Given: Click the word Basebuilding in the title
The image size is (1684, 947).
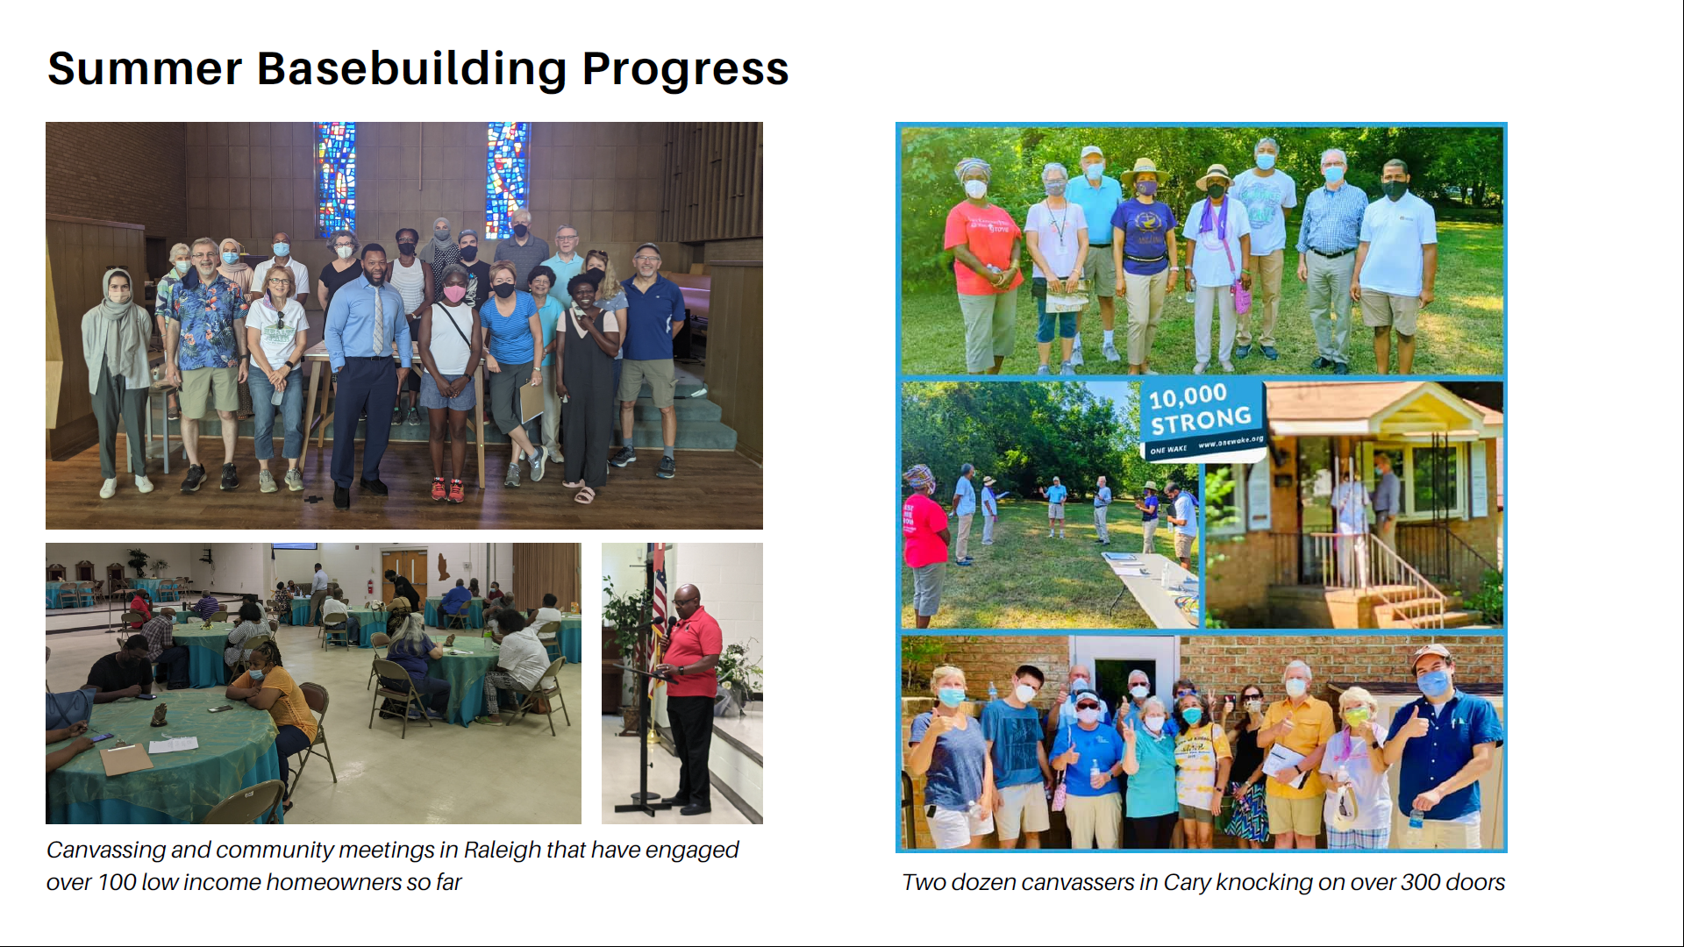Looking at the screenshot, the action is pos(411,69).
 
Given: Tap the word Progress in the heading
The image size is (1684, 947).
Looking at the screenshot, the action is pos(685,70).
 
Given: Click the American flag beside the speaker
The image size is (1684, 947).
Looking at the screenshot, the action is pos(658,614).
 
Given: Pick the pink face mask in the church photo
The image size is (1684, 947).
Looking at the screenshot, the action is pos(453,294).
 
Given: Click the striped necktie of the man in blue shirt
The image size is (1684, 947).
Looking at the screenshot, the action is pos(378,320).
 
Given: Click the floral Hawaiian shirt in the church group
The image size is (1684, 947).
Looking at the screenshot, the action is pos(207,323).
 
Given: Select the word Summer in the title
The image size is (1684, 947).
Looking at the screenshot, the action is pos(145,69).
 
